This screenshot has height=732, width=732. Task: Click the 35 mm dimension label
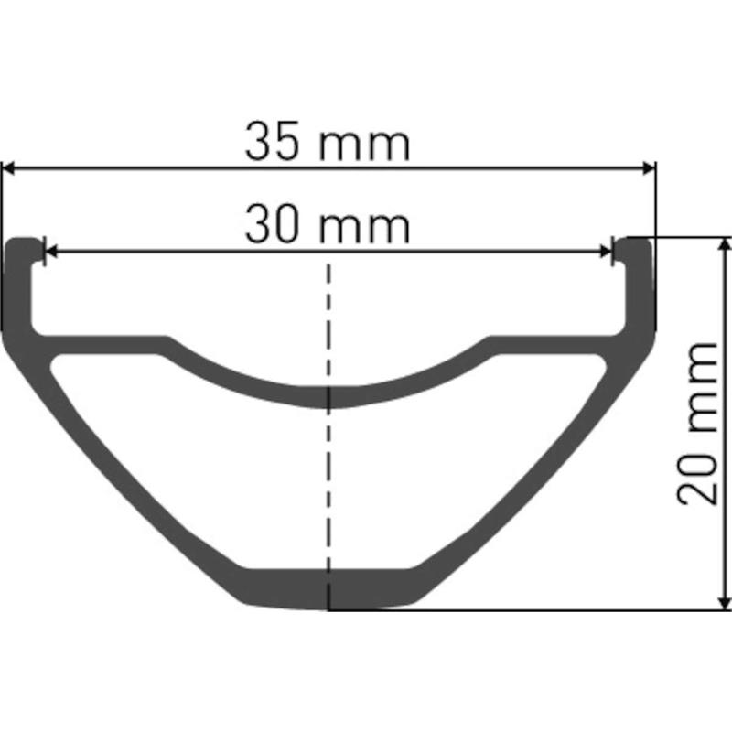328,142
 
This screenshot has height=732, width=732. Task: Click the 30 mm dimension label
328,224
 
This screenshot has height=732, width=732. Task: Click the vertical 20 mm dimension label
697,424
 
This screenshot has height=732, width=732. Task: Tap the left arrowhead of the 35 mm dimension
8,168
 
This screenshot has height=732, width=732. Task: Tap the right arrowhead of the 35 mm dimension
650,168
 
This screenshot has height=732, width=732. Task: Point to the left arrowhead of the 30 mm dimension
50,252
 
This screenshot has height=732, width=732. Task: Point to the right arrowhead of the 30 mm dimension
606,252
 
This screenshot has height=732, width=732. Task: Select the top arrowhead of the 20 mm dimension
725,243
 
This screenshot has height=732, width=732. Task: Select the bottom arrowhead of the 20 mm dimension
725,603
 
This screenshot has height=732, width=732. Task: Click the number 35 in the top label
271,142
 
